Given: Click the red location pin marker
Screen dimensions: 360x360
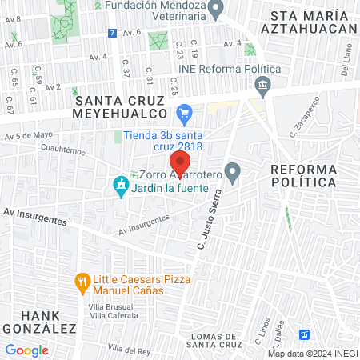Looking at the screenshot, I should point(181,162).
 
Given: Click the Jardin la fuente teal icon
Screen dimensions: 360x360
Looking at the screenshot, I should point(121,188).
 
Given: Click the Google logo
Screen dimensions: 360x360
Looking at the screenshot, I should point(26,350).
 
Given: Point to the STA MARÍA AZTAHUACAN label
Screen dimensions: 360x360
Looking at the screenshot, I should point(312,22).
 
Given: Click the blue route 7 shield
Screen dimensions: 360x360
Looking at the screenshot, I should point(112,33).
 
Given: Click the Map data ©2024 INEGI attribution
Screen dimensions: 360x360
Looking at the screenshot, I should point(312,353).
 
